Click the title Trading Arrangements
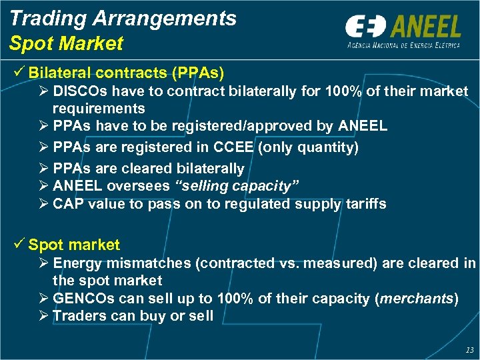(x=123, y=18)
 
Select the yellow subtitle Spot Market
(x=66, y=44)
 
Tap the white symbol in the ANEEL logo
(x=366, y=27)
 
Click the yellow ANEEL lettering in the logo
(x=426, y=27)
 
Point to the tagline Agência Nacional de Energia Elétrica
(x=403, y=45)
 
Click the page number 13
(x=470, y=349)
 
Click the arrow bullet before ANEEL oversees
(x=44, y=187)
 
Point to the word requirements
(x=98, y=108)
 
